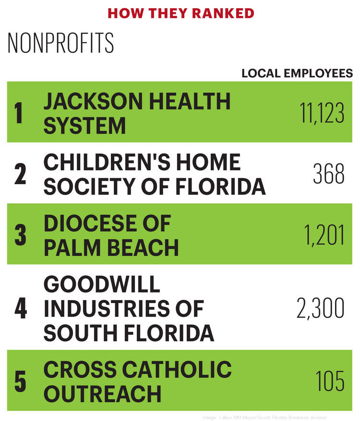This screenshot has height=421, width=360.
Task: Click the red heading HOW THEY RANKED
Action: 180,13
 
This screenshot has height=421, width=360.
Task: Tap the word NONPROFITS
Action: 61,44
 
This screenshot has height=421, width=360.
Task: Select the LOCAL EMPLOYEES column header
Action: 297,73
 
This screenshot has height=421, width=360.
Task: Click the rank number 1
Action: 19,114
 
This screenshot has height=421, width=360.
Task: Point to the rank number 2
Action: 20,175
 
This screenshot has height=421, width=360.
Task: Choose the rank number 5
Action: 20,382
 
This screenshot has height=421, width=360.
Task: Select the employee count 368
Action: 329,175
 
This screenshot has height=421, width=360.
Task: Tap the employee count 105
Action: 330,382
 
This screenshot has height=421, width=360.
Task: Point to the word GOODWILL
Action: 102,285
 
